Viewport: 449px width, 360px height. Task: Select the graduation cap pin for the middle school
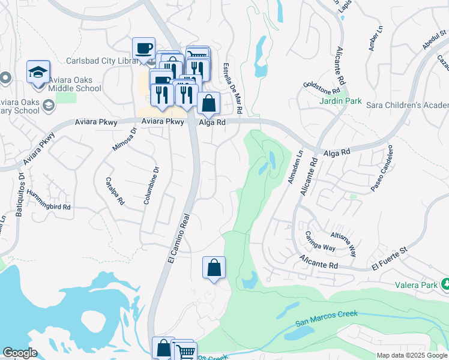(x=38, y=73)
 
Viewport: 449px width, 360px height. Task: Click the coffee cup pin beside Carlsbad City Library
(x=144, y=48)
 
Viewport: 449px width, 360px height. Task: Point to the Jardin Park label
(x=340, y=101)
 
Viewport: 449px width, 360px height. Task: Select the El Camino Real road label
(x=178, y=238)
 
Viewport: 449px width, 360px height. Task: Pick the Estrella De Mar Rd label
(x=232, y=89)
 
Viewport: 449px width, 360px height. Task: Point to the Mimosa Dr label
(x=125, y=139)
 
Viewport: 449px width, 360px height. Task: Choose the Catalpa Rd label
(x=114, y=191)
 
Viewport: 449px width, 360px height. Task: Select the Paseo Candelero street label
(x=382, y=169)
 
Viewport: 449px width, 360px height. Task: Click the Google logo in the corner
(x=20, y=353)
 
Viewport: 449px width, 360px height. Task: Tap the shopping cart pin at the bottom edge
(x=184, y=352)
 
